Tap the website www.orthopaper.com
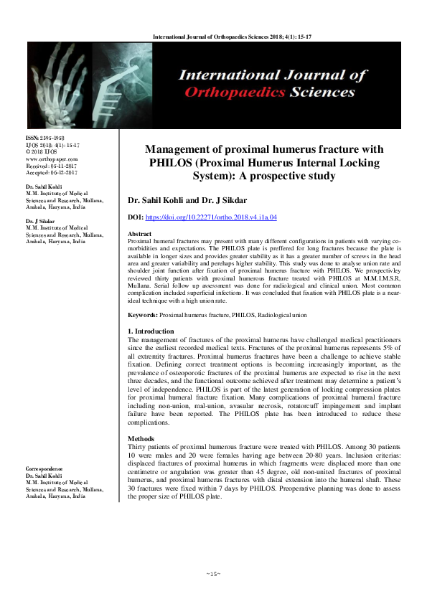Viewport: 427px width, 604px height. pos(52,159)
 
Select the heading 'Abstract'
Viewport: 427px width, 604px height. pos(139,235)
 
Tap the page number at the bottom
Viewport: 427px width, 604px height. pos(213,574)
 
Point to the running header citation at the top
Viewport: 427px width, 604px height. pos(213,34)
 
